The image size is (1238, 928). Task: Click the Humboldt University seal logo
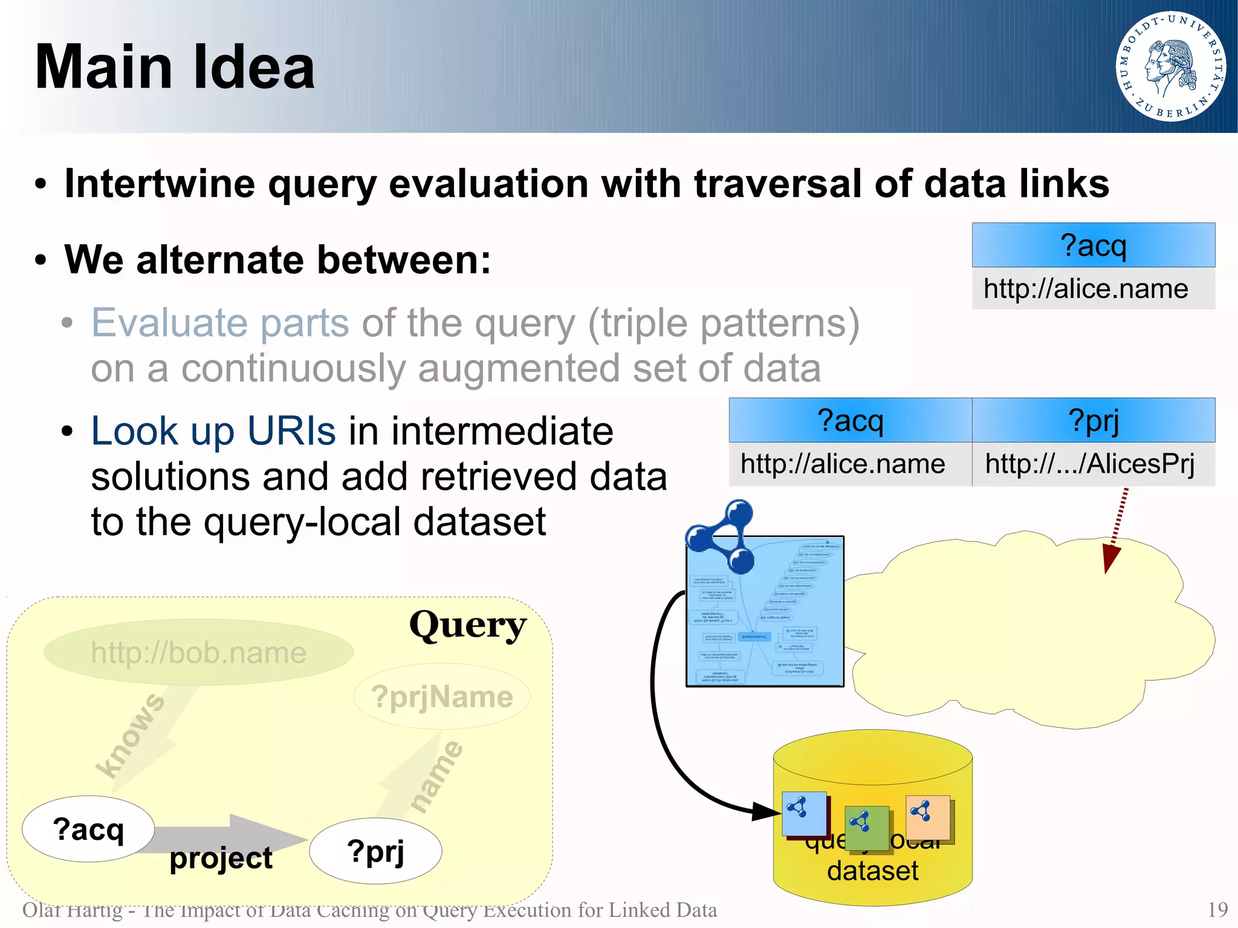coord(1170,67)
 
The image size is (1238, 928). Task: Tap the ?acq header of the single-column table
coord(1093,245)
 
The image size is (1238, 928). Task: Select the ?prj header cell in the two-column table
coord(1093,420)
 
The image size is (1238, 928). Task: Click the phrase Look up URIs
coord(213,431)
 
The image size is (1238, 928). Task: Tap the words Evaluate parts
coord(220,323)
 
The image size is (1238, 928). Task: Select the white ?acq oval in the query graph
coord(88,829)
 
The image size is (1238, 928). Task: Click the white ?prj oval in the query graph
coord(375,851)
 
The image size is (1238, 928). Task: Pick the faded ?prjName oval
coord(442,696)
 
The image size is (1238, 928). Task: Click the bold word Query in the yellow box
coord(467,626)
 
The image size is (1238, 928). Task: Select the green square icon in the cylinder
coord(866,828)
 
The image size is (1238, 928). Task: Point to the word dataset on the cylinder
coord(872,871)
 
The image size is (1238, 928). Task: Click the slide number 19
coord(1217,910)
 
